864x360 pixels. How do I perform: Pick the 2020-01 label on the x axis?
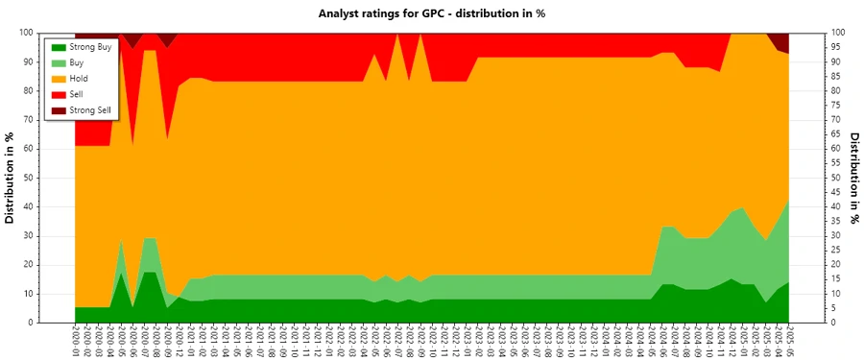[x=75, y=342]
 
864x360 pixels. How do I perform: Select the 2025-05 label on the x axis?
[x=789, y=342]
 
